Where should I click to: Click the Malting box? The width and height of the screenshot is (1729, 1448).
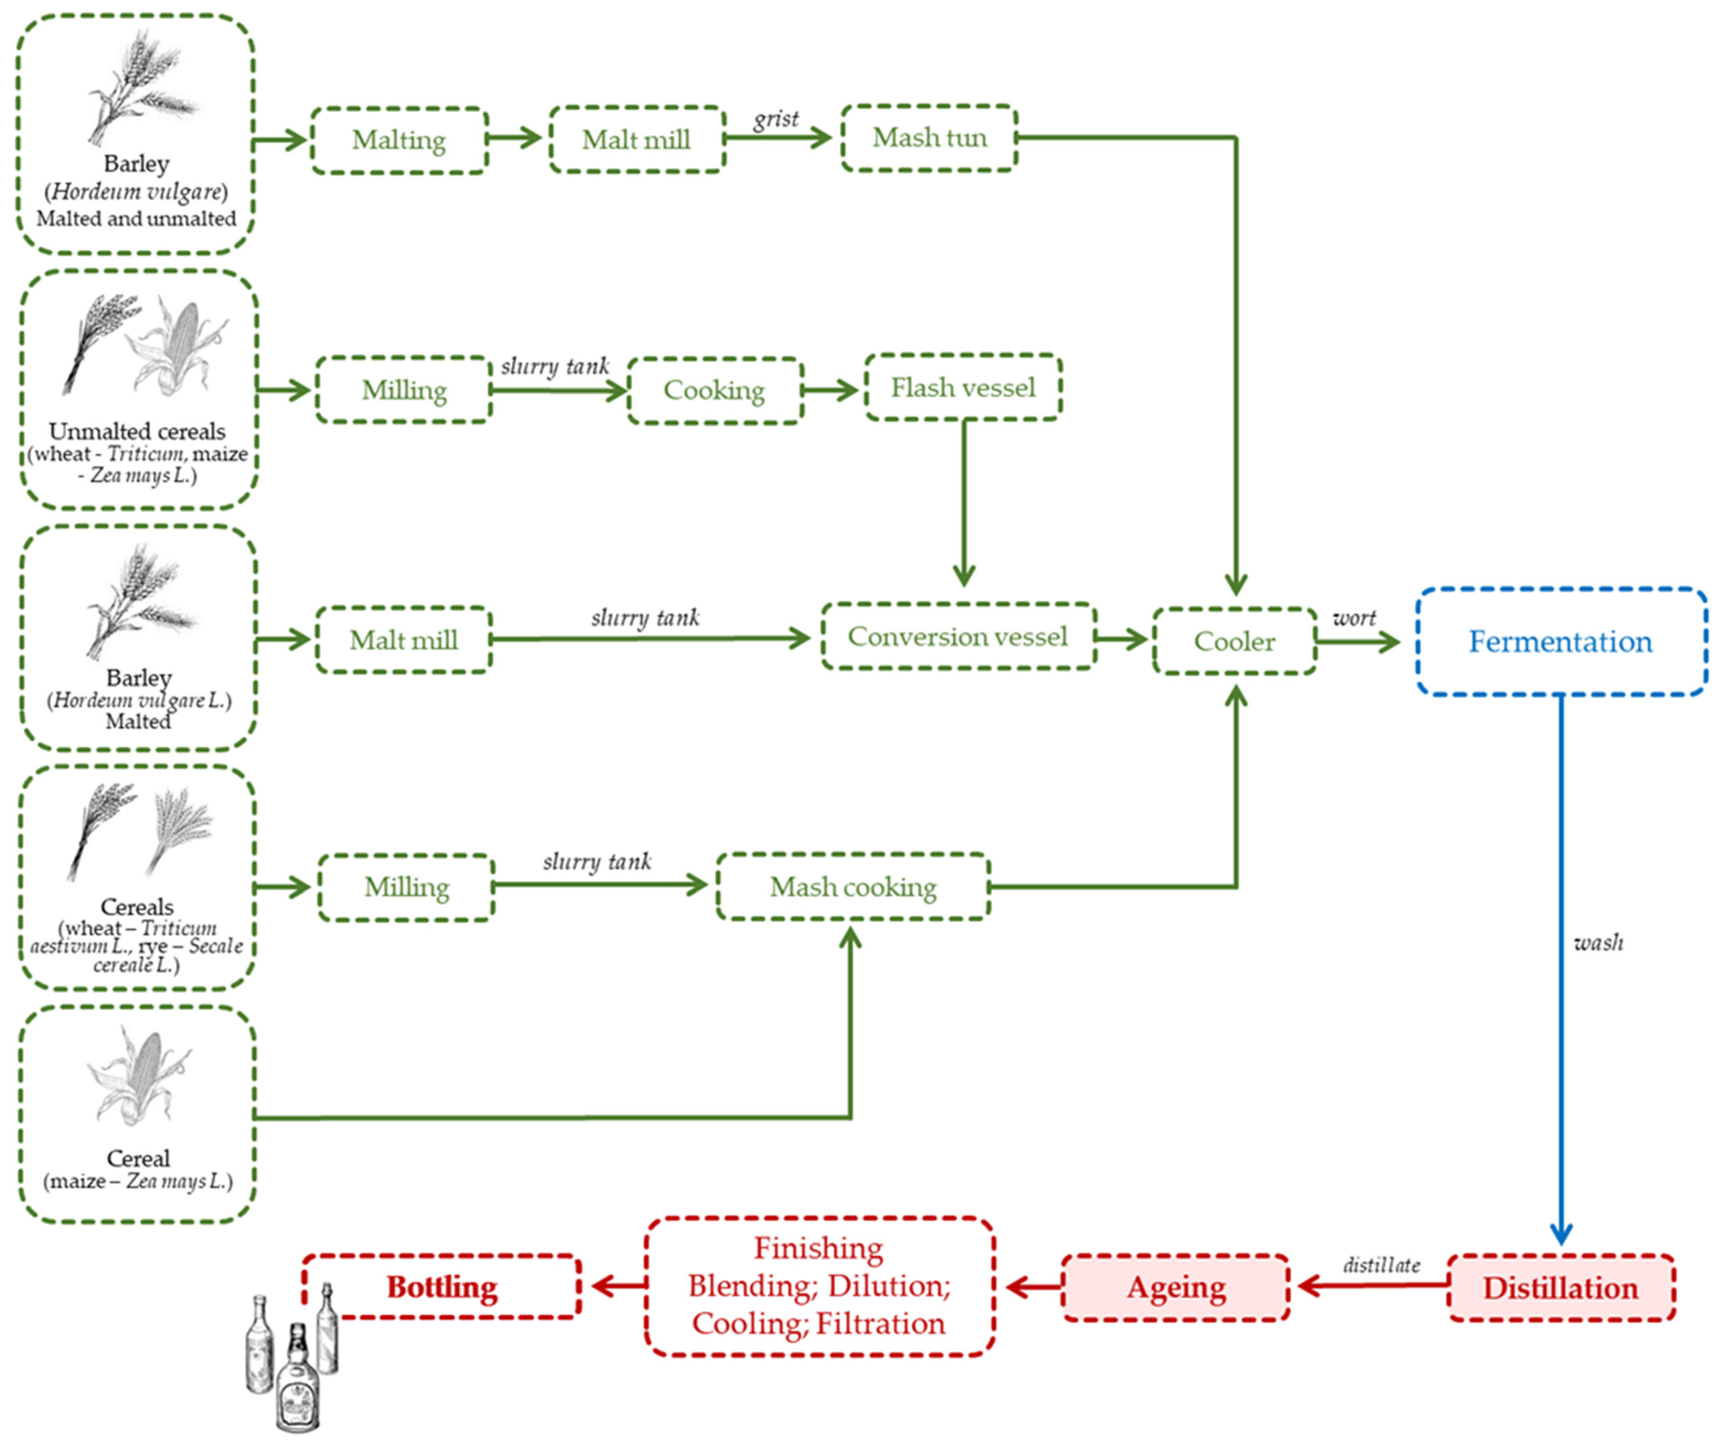pyautogui.click(x=399, y=140)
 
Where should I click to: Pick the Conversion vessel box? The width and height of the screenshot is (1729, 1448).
pyautogui.click(x=958, y=637)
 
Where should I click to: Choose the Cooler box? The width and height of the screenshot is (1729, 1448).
pyautogui.click(x=1234, y=641)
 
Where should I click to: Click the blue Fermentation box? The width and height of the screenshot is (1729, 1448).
pyautogui.click(x=1560, y=641)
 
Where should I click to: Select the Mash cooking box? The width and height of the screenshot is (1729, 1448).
pyautogui.click(x=853, y=887)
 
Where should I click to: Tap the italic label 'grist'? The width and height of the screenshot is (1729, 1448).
pyautogui.click(x=776, y=120)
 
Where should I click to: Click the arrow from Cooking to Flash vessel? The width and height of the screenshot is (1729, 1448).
pyautogui.click(x=831, y=391)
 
